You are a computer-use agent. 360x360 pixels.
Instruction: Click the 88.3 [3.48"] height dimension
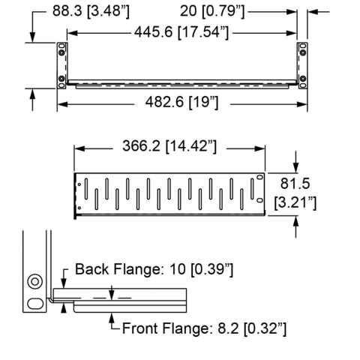(91, 11)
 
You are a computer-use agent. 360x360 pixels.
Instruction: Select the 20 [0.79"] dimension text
(212, 11)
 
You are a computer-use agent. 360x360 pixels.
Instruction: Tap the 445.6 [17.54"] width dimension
(181, 32)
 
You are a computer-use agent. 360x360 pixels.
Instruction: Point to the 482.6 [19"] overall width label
(181, 102)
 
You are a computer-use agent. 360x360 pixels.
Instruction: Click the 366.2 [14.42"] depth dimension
(169, 146)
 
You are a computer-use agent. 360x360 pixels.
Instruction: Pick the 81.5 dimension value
(295, 183)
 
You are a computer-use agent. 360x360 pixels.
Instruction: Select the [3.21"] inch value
(295, 202)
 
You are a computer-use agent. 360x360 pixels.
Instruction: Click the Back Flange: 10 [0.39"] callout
(154, 269)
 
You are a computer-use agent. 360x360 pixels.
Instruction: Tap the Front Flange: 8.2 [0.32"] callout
(204, 328)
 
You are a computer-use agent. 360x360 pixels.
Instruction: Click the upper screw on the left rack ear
(61, 52)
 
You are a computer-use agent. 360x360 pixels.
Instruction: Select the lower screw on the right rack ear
(303, 79)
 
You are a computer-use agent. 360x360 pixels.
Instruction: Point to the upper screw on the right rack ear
(303, 52)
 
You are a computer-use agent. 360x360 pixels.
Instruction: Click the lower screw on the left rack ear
(61, 79)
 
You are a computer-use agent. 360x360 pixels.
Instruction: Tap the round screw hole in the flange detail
(34, 281)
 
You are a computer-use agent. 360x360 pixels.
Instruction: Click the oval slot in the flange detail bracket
(35, 304)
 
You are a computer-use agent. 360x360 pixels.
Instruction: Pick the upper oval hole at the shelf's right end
(260, 177)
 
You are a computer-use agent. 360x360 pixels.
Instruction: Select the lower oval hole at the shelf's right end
(260, 200)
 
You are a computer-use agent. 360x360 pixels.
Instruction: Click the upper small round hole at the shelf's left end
(79, 184)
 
